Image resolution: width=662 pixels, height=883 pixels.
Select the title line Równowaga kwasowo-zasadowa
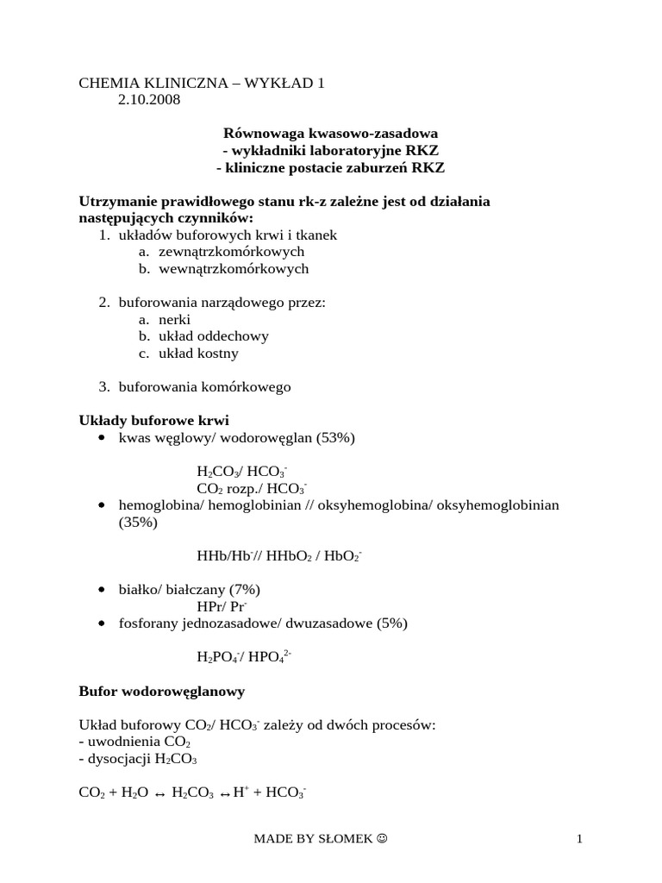point(331,134)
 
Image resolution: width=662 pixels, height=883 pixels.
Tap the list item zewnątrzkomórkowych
point(232,252)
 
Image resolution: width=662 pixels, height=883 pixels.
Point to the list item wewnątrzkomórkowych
point(234,269)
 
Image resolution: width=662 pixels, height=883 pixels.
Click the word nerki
point(175,319)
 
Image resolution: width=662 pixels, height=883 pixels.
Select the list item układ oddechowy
point(214,336)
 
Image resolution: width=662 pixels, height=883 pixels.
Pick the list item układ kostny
point(199,354)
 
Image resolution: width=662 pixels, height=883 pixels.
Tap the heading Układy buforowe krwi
point(153,421)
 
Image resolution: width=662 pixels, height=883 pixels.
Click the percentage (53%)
point(335,438)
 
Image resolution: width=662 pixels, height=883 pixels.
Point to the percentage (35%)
point(138,523)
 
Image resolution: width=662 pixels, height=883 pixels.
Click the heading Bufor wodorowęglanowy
point(162,692)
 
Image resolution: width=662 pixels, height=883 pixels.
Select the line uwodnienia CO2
point(134,742)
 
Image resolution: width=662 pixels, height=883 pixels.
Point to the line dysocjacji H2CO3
point(138,760)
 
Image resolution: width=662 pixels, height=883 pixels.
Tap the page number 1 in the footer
point(580,839)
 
